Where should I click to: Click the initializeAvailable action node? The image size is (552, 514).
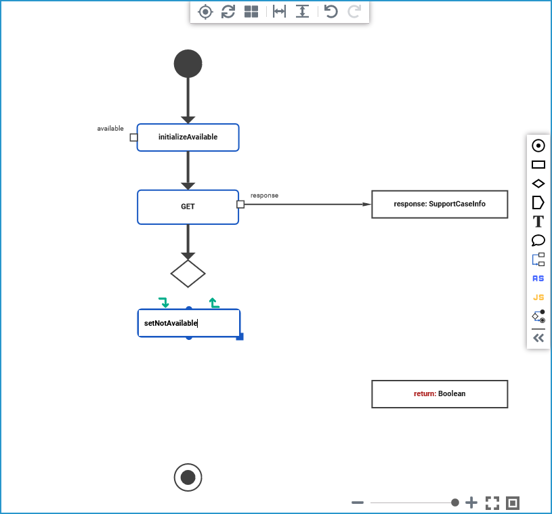(x=188, y=137)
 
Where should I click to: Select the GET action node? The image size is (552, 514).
(x=188, y=207)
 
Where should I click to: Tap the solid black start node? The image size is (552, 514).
(x=188, y=64)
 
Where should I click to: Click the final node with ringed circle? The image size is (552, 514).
(x=188, y=477)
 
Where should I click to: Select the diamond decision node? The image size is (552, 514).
(x=188, y=274)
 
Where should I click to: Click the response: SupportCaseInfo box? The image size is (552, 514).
(x=439, y=204)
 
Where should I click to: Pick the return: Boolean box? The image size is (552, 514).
(x=439, y=394)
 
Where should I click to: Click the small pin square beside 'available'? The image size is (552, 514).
(x=133, y=137)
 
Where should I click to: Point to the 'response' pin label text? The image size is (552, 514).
(x=264, y=195)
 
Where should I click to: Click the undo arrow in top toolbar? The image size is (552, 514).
(x=331, y=11)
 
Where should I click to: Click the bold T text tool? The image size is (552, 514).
(x=538, y=221)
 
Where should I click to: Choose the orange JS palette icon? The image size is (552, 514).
(x=538, y=297)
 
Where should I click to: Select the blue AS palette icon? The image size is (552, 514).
(x=538, y=278)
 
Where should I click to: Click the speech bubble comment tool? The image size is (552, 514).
(x=538, y=240)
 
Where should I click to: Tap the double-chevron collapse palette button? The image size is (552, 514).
(x=538, y=338)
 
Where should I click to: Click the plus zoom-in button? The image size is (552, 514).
(x=471, y=502)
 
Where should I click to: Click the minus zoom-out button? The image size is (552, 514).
(x=358, y=502)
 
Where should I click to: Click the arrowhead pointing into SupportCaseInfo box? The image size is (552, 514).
(x=367, y=204)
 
